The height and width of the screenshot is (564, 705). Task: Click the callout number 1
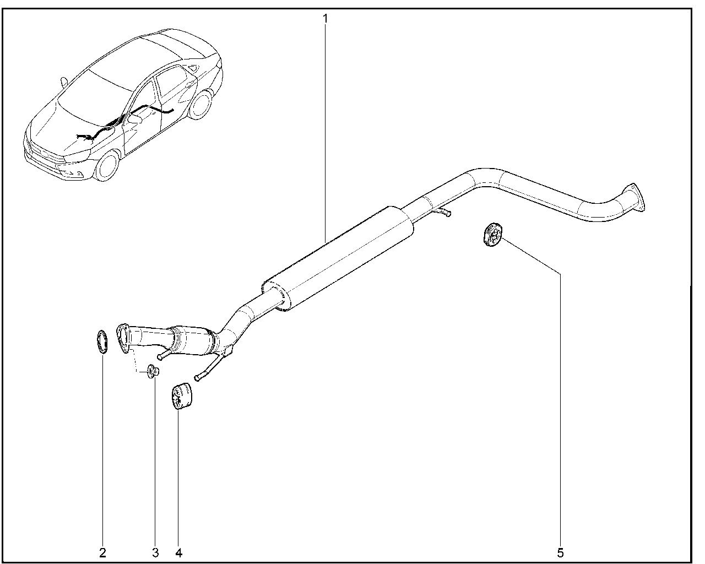(325, 19)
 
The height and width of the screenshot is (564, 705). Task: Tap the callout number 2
(102, 553)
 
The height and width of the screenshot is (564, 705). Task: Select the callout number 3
(156, 553)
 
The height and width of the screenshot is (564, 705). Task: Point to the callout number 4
(178, 553)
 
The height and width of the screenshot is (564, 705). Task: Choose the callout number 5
(561, 553)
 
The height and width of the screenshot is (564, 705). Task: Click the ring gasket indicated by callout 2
(102, 342)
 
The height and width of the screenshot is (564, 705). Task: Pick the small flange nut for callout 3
(153, 371)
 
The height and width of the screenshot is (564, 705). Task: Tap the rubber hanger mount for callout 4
(182, 396)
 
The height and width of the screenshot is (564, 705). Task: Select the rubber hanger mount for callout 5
(493, 234)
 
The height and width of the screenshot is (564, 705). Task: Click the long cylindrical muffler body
(338, 258)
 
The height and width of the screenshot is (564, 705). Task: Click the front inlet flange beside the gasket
(122, 339)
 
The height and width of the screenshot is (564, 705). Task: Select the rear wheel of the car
(200, 105)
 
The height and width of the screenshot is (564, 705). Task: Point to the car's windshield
(95, 94)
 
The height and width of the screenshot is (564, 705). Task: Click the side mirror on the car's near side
(135, 118)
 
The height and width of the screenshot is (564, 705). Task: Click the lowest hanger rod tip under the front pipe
(197, 378)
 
